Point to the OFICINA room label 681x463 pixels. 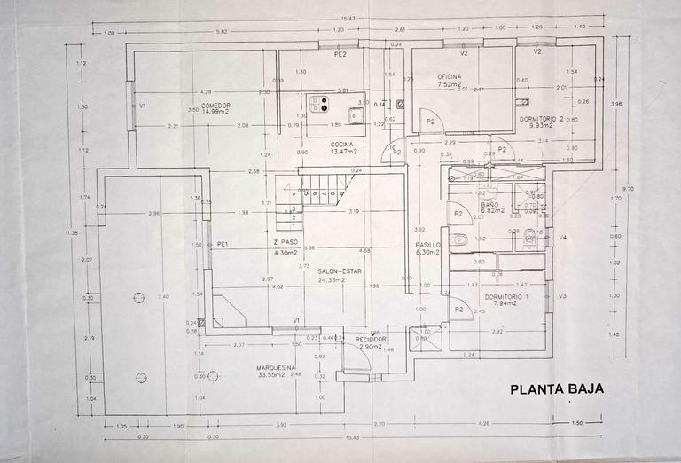click(449, 77)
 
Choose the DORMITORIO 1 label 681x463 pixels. click(529, 295)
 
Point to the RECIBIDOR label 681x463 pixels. click(371, 339)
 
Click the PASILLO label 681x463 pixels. click(429, 245)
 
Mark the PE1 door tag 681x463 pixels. click(223, 244)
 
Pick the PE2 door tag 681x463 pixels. click(339, 55)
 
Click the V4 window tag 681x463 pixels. click(562, 237)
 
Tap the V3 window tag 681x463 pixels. click(562, 295)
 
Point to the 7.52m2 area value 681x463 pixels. click(449, 85)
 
